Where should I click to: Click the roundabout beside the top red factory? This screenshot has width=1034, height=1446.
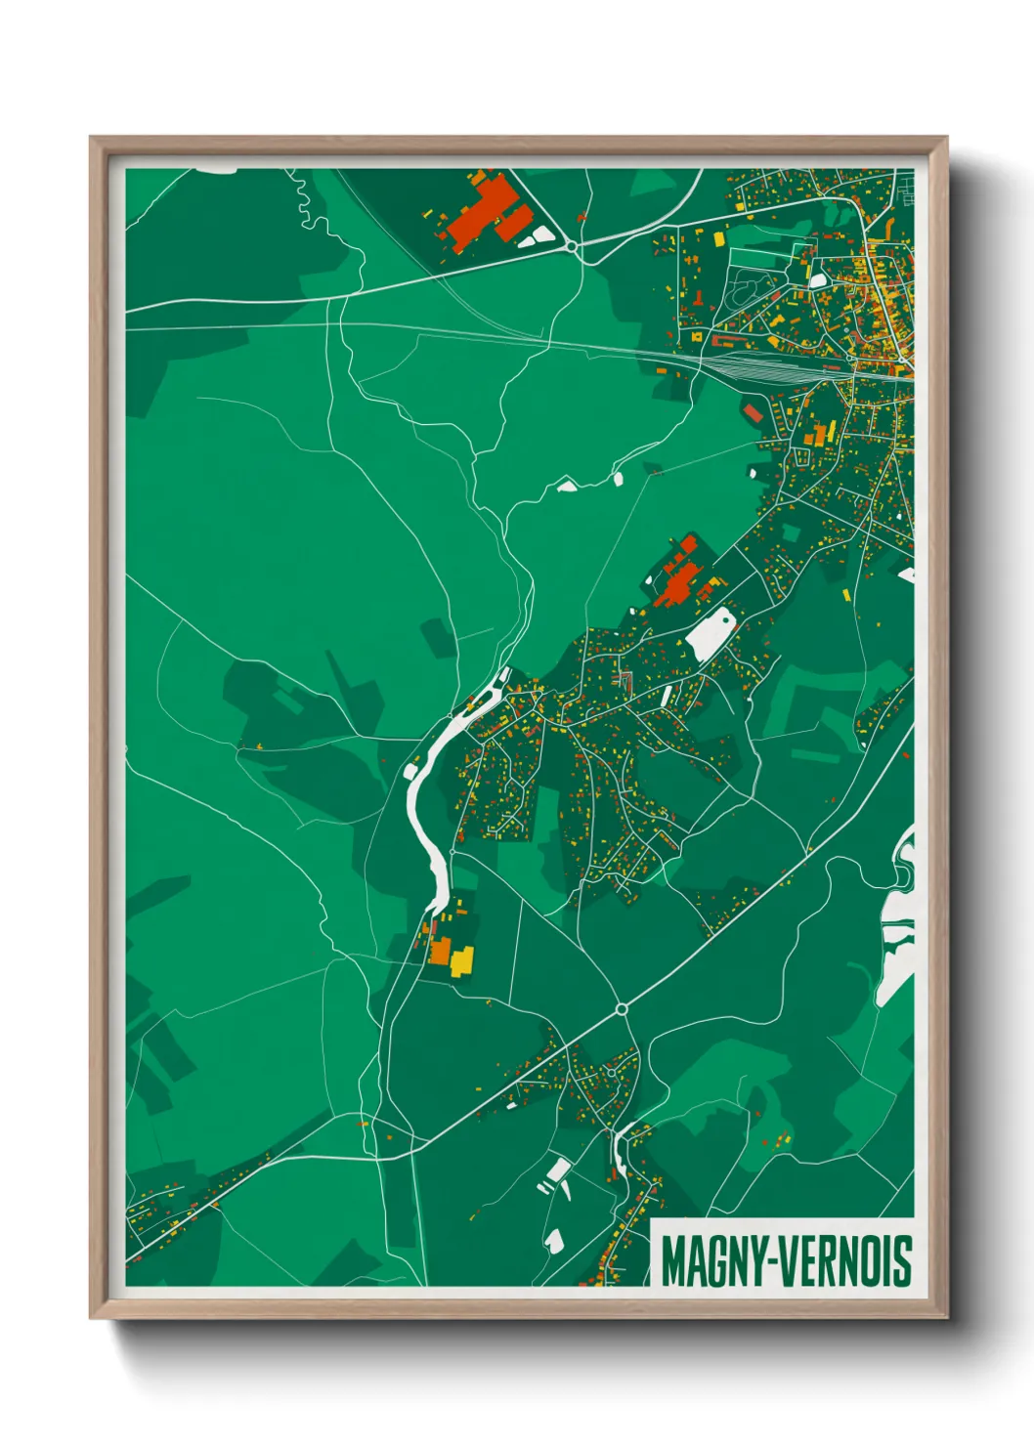point(573,247)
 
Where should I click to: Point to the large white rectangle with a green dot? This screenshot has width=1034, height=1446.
point(711,632)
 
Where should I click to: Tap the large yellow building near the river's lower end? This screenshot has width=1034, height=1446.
point(461,959)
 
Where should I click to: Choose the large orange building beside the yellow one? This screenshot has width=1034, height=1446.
point(441,949)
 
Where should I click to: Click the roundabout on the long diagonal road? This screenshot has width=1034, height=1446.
point(622,1008)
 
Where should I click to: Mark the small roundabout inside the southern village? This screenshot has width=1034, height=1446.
point(612,1072)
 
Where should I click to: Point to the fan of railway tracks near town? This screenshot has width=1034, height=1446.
point(772,366)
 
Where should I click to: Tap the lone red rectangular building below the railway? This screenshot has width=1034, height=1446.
point(754,414)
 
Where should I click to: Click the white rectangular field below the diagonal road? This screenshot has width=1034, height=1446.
point(558,1170)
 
